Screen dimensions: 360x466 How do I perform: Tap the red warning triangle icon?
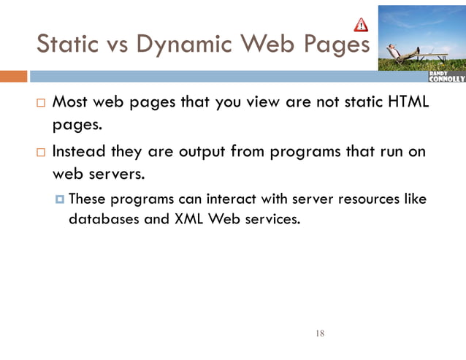(x=361, y=25)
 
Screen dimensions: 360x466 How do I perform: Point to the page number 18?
(x=319, y=334)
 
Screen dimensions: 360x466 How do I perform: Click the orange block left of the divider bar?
(x=13, y=76)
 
